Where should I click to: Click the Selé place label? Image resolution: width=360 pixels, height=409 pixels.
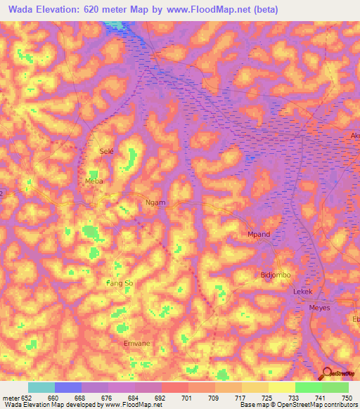[x=107, y=151]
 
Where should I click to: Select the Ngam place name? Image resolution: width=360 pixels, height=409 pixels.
[x=155, y=202]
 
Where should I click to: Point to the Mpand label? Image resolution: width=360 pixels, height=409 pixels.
[x=259, y=234]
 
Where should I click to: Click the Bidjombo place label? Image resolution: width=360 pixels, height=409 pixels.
[x=275, y=275]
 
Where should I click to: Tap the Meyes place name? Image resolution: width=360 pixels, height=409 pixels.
[x=319, y=308]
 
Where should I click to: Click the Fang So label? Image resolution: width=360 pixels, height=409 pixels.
[x=120, y=283]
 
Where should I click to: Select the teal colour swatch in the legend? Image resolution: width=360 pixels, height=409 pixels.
[x=41, y=387]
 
